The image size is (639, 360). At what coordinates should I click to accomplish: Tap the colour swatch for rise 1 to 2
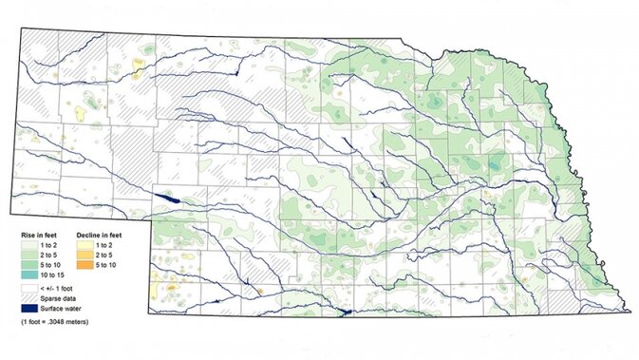pos(29,244)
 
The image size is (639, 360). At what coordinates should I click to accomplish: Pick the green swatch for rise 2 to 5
pos(29,255)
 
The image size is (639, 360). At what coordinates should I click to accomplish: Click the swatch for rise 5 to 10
pos(29,265)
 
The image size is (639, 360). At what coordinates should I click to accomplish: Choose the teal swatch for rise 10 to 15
pos(29,275)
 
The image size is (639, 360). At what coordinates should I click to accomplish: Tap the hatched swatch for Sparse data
pos(29,298)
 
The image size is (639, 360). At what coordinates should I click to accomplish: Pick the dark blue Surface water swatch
pos(29,309)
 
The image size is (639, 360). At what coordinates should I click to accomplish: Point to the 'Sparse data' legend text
pos(59,298)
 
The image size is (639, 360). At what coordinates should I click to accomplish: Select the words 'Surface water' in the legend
pos(62,309)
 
